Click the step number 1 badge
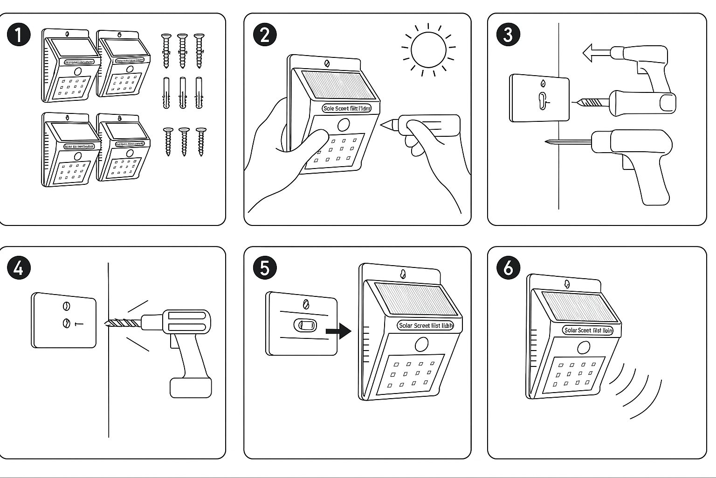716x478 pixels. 19,35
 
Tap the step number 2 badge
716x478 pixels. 265,35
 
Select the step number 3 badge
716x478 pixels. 508,35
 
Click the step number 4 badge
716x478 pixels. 19,268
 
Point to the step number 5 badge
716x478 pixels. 265,268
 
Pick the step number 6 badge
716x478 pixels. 508,268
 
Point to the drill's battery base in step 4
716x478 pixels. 191,387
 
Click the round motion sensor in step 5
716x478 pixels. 422,345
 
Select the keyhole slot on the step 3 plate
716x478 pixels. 542,100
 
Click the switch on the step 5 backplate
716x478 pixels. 305,325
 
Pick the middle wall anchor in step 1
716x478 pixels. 182,93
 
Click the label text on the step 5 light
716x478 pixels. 426,325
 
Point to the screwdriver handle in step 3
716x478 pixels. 643,102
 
